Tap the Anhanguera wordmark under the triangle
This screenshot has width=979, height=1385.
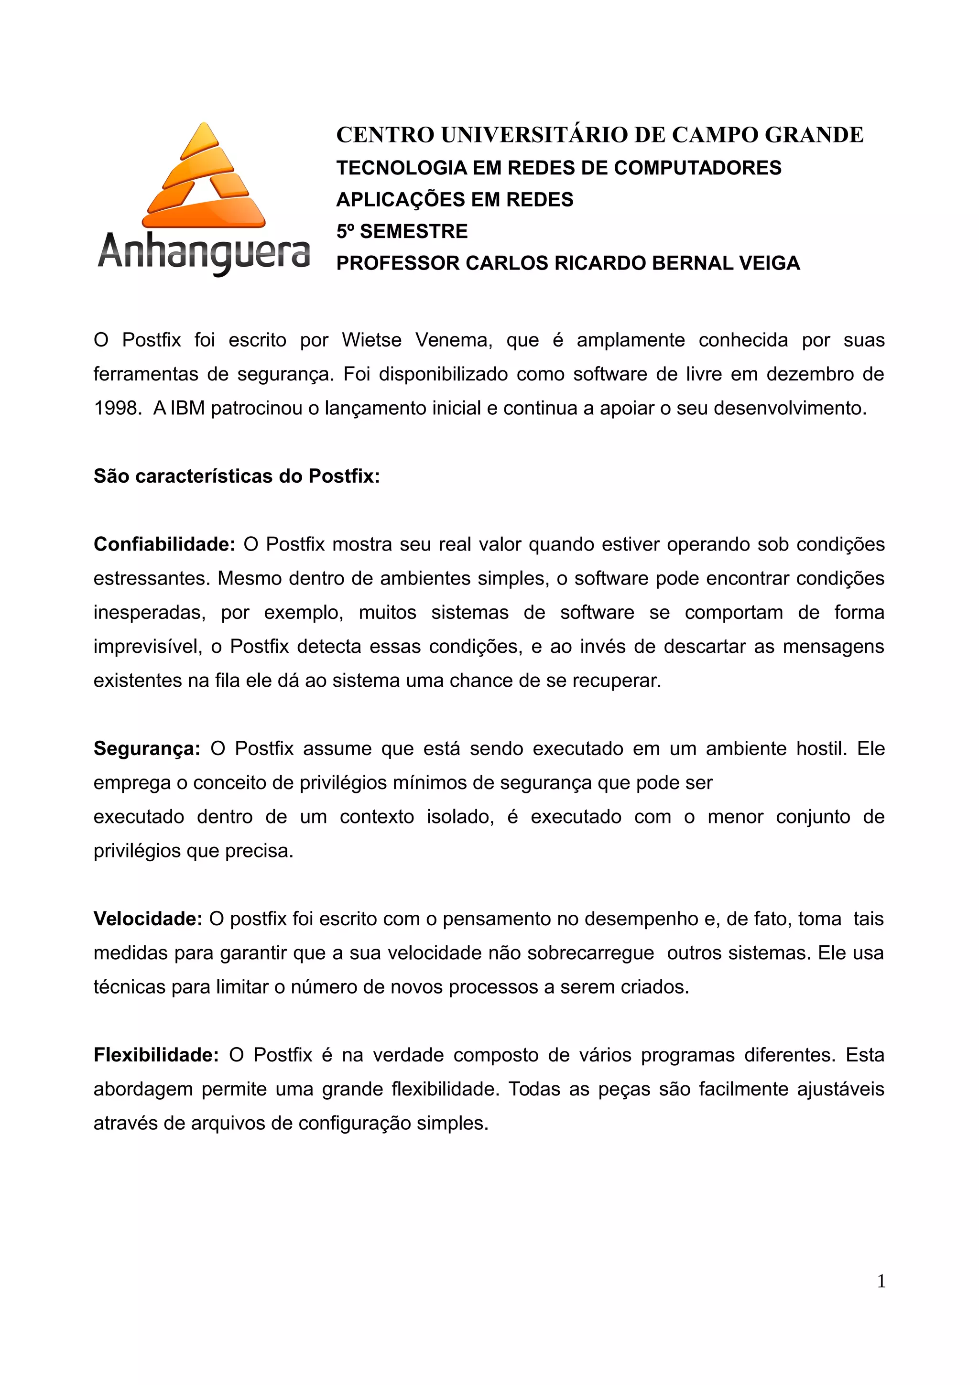pos(204,252)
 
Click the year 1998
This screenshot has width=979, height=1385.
pos(117,409)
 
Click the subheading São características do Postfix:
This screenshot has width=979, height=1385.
pos(237,476)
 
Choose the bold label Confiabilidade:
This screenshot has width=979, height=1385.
pos(164,545)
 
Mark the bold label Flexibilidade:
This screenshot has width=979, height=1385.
pos(156,1055)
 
